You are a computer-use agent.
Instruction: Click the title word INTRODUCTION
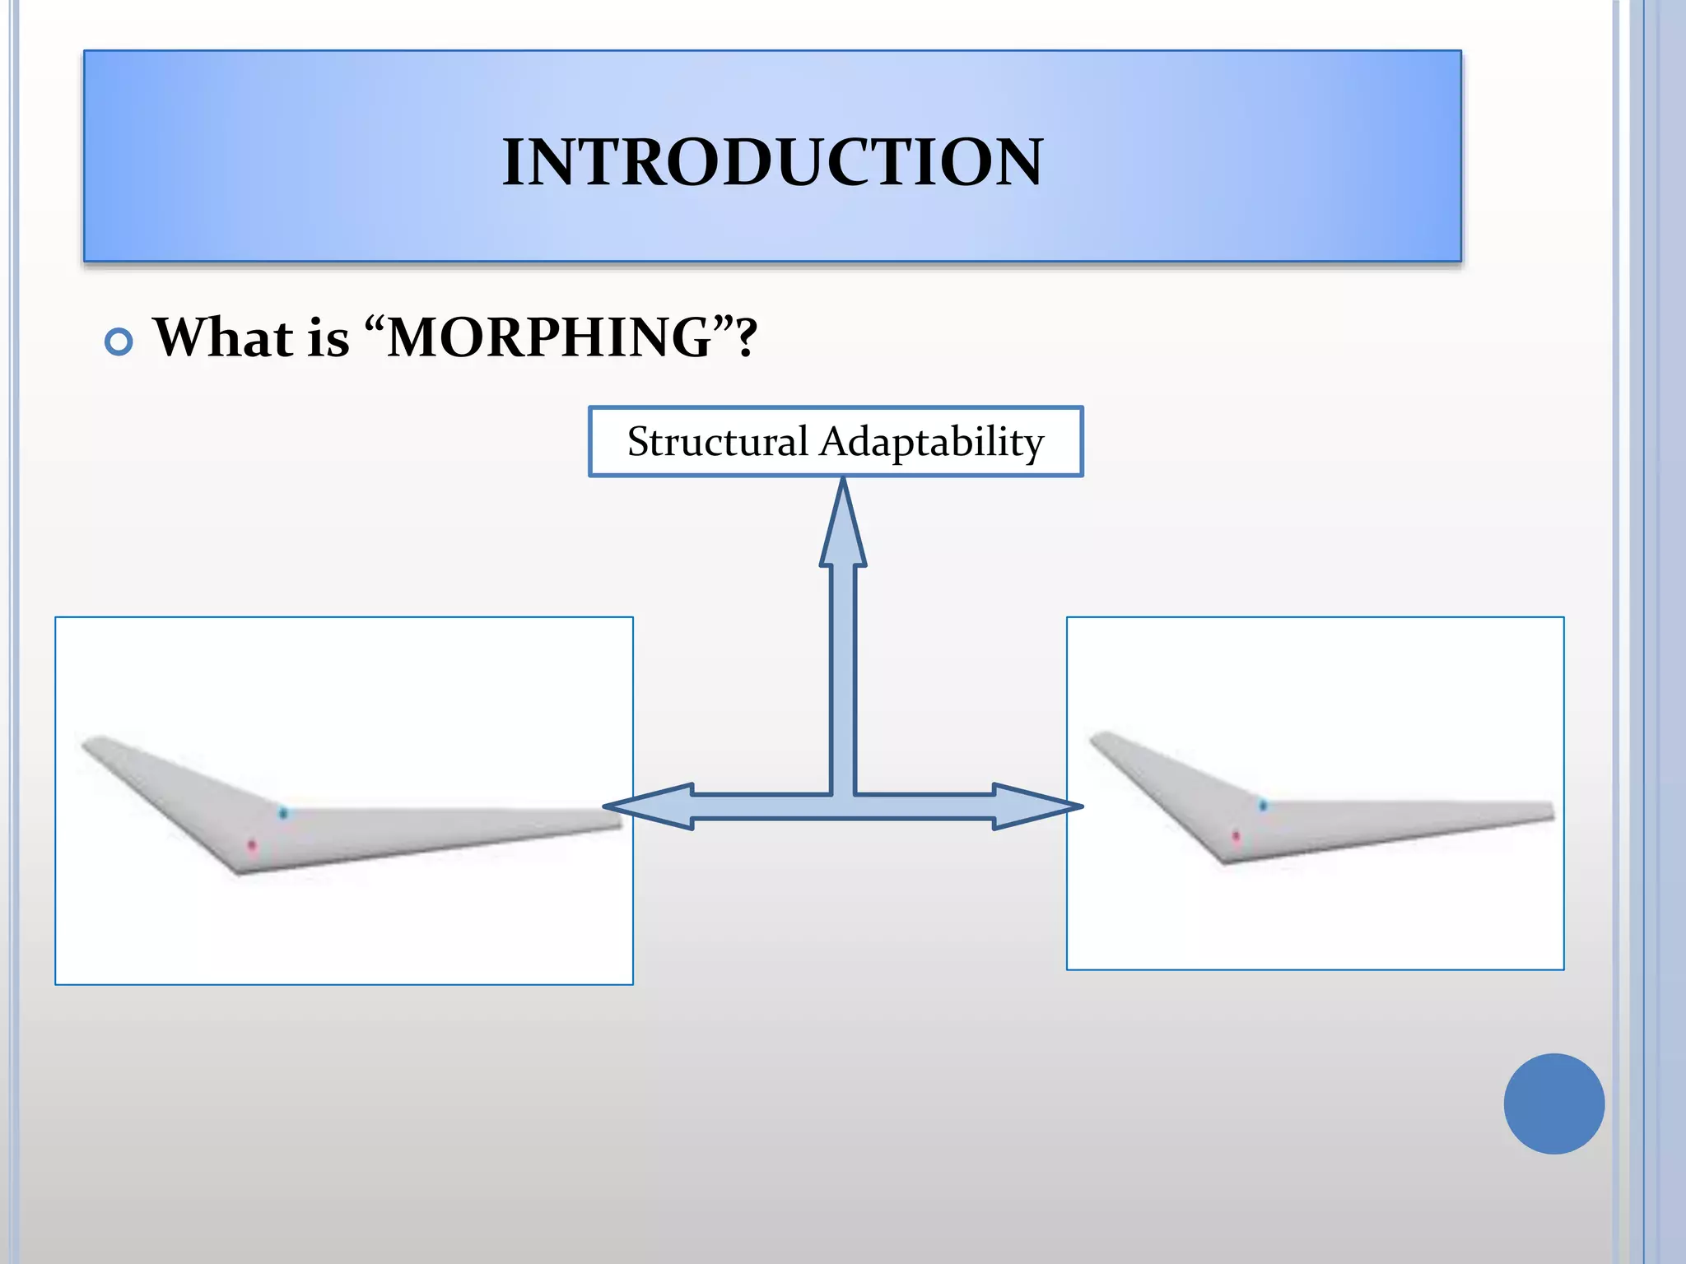[772, 162]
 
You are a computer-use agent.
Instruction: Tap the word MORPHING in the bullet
[549, 337]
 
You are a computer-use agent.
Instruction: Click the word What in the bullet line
[223, 337]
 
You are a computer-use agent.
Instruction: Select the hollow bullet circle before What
[119, 342]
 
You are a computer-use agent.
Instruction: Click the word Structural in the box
[717, 442]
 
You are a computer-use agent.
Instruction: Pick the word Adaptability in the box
[931, 442]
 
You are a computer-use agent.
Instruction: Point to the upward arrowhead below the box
[843, 527]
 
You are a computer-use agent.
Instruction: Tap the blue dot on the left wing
[283, 813]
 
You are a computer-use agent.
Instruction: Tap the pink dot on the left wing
[253, 845]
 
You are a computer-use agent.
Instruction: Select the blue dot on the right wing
[1263, 805]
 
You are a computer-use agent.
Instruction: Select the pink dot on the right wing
[1236, 836]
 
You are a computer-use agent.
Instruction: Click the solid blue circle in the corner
[1553, 1104]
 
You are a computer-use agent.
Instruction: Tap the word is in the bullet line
[328, 337]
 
